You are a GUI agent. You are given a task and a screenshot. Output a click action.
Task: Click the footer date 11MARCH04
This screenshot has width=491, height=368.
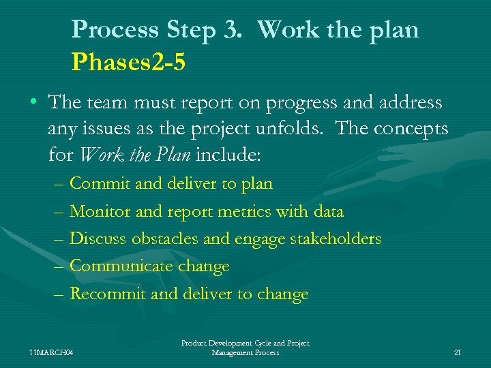52,352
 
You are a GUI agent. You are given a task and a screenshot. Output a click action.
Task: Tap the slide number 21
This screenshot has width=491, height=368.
457,352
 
